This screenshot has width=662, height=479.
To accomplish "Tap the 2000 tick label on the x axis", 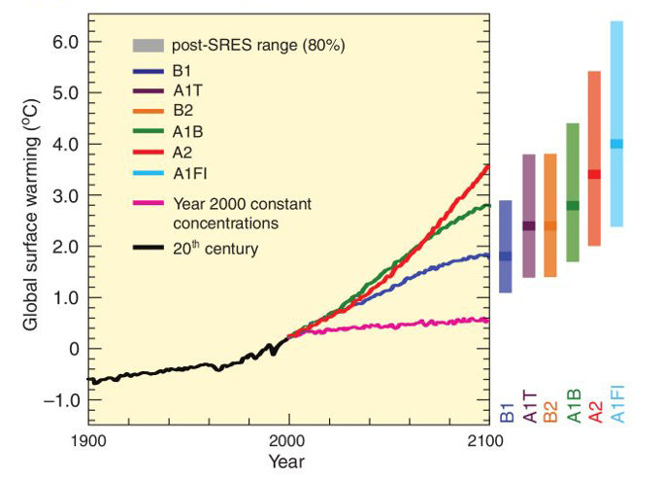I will click(288, 439).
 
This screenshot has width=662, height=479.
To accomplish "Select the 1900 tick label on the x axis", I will click(88, 439).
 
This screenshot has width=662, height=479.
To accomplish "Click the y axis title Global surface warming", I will click(30, 221).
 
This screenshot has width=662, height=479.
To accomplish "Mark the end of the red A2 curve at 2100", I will click(487, 166).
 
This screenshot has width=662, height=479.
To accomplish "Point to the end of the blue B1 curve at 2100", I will click(487, 256).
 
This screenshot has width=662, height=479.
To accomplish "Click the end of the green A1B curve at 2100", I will click(487, 206).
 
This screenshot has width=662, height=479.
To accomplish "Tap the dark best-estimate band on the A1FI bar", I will click(616, 144).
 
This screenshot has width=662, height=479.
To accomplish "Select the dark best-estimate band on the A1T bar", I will click(529, 226).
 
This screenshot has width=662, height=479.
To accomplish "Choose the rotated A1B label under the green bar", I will click(573, 400).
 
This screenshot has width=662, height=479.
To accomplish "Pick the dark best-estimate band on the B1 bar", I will click(506, 257).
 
